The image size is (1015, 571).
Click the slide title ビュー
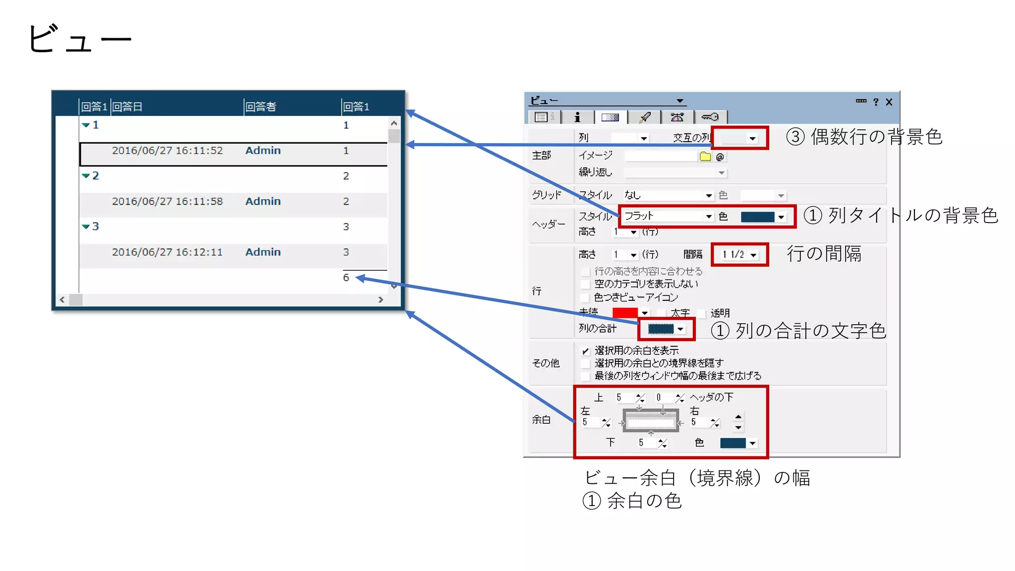coord(79,39)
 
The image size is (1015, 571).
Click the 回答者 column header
coord(261,107)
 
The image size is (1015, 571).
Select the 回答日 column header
coord(127,107)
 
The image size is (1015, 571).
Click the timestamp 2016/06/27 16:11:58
coord(167,201)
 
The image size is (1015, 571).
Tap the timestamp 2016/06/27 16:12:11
coord(167,252)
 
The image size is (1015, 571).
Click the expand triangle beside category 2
coord(86,175)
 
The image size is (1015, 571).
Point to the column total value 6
coord(346,278)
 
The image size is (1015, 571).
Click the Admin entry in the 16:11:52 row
coord(263,150)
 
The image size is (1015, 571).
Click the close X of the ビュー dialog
coord(889,102)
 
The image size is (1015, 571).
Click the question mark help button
coord(876,102)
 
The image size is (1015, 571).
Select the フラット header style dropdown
coord(668,216)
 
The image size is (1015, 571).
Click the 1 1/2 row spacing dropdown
coord(739,255)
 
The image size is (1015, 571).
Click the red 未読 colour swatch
coord(624,313)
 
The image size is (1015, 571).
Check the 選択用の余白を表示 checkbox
coord(585,351)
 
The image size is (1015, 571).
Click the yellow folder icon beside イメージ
coord(705,157)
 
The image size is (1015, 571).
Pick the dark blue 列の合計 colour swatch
coord(661,329)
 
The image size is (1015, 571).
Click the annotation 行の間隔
coord(824,254)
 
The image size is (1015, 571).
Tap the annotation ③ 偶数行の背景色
coord(864,137)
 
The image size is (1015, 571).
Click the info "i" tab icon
coord(577,117)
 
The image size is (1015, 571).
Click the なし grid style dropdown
coord(668,195)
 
